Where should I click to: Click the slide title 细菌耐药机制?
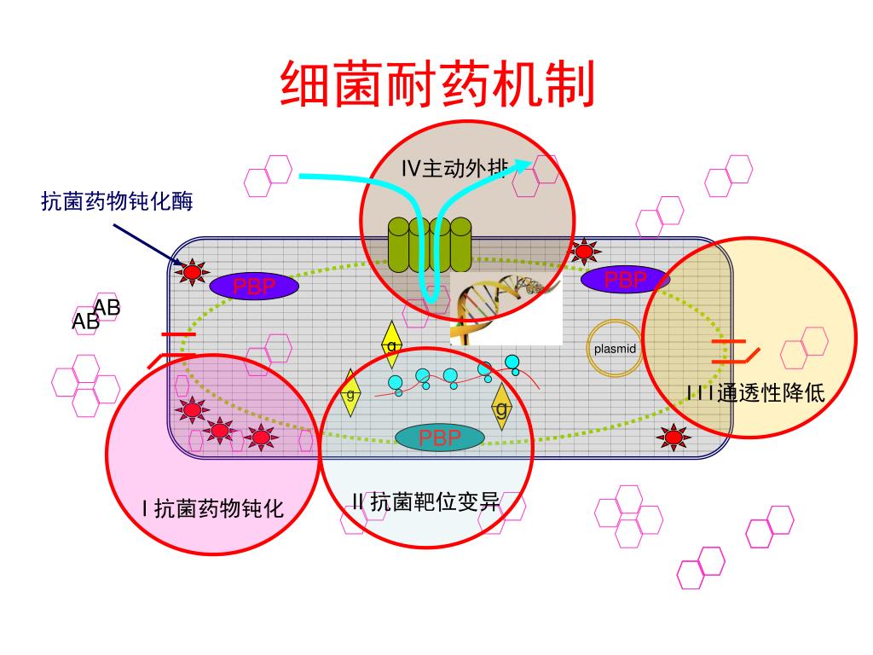click(x=436, y=84)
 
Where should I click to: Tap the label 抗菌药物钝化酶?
click(x=118, y=201)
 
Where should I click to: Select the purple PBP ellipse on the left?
click(x=255, y=287)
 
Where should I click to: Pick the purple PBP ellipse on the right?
click(x=625, y=279)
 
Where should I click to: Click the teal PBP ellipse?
click(x=440, y=438)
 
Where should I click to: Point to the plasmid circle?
click(x=615, y=348)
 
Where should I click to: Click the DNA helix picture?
click(x=506, y=308)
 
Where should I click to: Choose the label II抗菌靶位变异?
click(x=425, y=501)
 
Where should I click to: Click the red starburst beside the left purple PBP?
click(x=193, y=272)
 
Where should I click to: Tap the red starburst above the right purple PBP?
click(x=585, y=251)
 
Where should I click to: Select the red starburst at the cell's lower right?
click(x=674, y=438)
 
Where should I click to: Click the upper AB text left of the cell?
click(x=107, y=307)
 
